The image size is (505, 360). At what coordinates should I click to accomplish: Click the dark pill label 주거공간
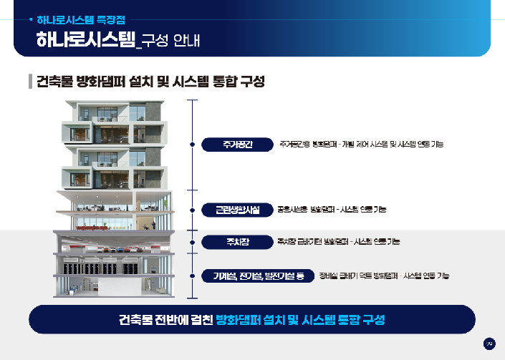tap(236, 145)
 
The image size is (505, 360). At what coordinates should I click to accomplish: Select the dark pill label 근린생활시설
tap(236, 210)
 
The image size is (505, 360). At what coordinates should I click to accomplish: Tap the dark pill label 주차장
tap(236, 241)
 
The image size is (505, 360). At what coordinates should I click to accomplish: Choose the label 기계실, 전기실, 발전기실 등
tap(258, 276)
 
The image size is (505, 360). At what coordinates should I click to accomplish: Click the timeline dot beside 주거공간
tap(192, 145)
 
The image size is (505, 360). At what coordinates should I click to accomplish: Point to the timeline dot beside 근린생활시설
tap(192, 210)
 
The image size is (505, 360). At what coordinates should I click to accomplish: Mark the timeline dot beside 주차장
tap(192, 241)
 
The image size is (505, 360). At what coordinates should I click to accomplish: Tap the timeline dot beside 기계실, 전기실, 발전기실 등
tap(192, 276)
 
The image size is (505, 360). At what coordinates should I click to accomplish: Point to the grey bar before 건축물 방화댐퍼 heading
tap(30, 81)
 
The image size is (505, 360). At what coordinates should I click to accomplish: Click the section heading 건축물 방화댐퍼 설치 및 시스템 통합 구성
tap(150, 81)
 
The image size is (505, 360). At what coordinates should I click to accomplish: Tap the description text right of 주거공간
tap(361, 145)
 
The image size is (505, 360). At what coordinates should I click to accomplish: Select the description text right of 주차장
tap(338, 241)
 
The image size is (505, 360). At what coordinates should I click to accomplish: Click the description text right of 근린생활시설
tap(332, 210)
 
